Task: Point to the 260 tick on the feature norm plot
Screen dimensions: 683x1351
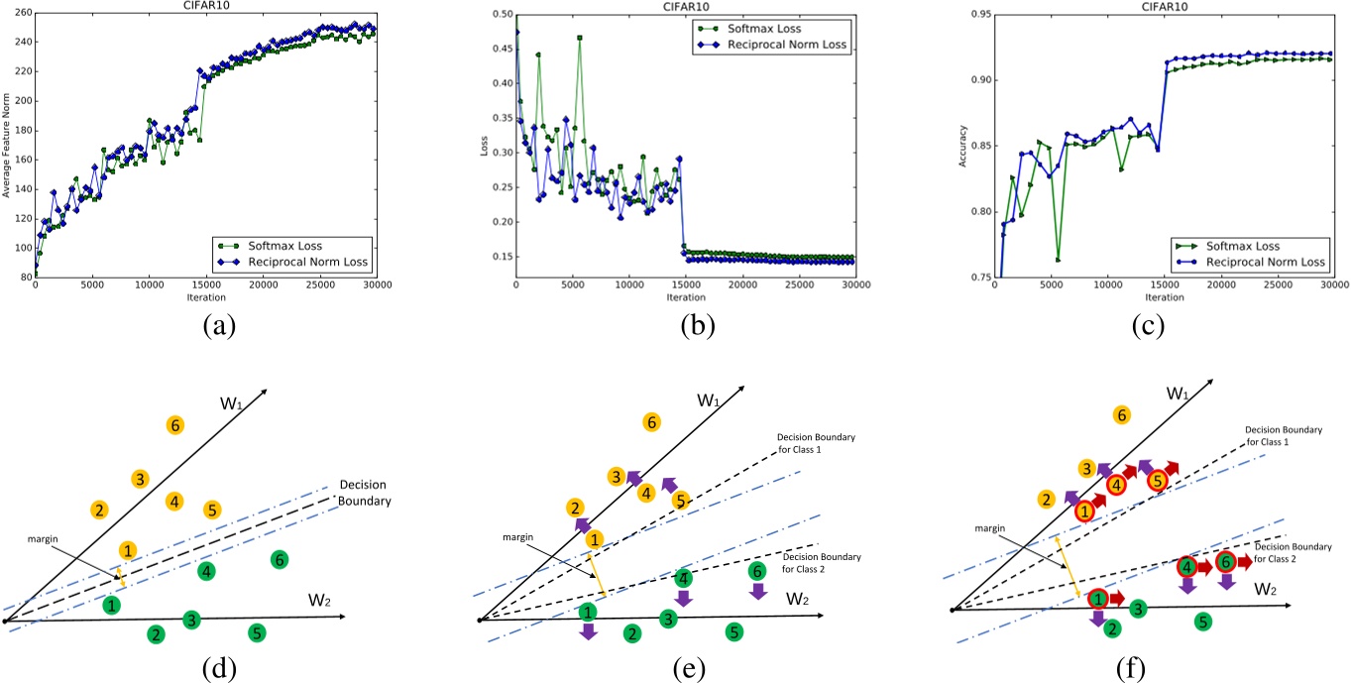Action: click(21, 13)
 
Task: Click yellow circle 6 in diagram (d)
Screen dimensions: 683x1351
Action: click(175, 425)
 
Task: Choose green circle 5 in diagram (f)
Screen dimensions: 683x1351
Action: click(1202, 623)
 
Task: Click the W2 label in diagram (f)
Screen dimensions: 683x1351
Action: click(1266, 589)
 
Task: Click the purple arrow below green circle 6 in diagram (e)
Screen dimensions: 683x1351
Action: click(757, 592)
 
